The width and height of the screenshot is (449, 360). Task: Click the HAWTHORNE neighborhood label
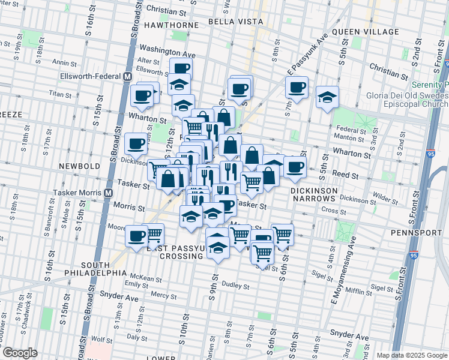click(171, 25)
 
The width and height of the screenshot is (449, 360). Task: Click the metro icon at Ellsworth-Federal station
click(127, 77)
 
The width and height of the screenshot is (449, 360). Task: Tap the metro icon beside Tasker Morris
click(109, 193)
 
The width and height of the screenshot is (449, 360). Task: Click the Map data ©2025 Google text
click(412, 355)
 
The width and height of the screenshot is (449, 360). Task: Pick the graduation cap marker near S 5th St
click(327, 97)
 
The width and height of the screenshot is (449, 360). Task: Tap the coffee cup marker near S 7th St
click(297, 88)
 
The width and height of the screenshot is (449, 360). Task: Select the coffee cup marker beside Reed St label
click(294, 167)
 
